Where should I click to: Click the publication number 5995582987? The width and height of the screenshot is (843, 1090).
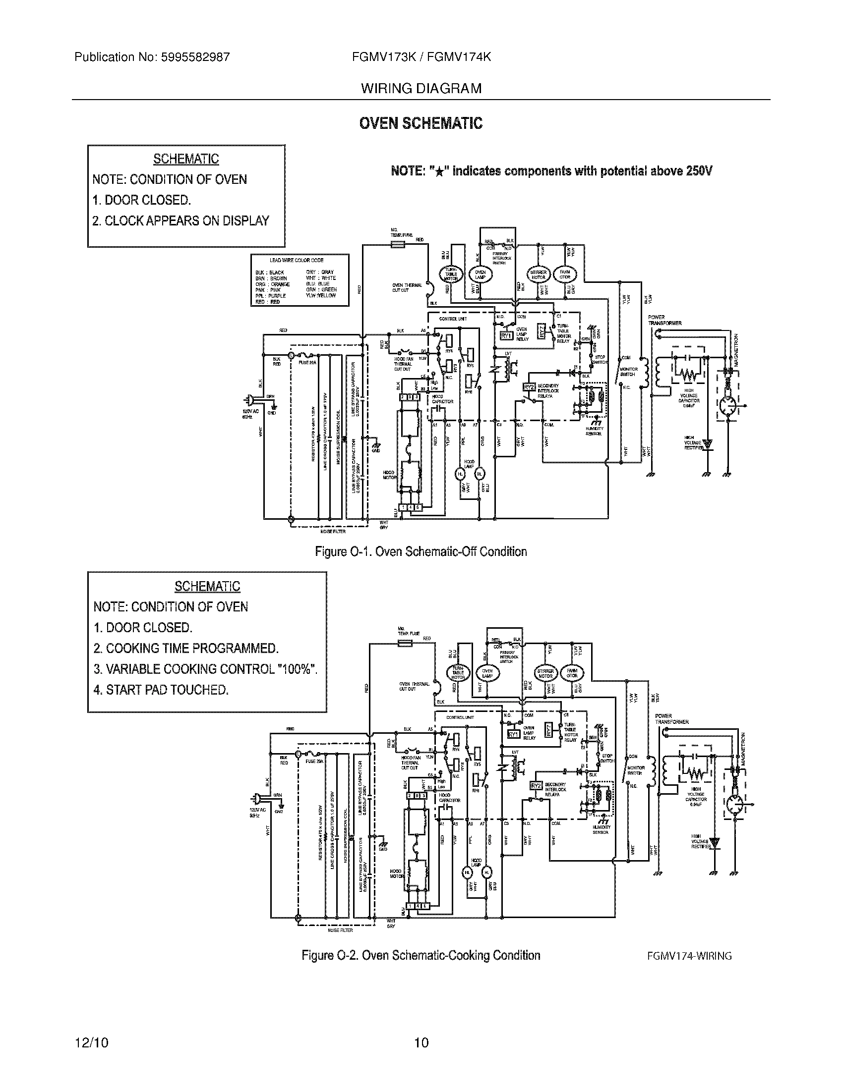195,57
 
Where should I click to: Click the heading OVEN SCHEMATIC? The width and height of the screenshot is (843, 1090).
421,123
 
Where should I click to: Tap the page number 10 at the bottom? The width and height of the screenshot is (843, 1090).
421,1042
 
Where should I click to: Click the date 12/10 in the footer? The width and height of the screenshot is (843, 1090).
91,1042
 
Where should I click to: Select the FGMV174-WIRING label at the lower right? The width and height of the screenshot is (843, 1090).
689,956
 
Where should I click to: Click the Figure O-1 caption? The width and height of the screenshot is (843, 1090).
421,551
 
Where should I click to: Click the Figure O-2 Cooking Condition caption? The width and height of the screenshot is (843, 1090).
421,955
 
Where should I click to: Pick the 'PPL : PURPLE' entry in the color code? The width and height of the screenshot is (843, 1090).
271,296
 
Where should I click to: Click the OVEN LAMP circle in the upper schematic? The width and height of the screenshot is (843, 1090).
480,274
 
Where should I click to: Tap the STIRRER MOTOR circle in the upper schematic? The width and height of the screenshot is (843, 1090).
538,274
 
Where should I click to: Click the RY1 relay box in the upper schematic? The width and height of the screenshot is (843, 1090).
506,336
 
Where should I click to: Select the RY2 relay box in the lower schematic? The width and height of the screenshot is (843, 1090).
536,786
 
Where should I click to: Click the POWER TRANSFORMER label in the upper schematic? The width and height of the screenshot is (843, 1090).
663,320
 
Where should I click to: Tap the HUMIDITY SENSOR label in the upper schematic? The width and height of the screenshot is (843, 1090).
594,431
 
